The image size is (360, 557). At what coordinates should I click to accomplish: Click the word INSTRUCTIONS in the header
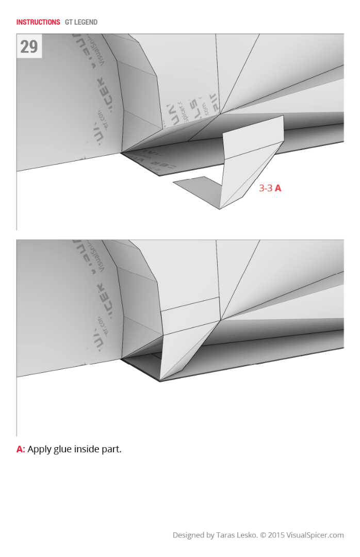38,22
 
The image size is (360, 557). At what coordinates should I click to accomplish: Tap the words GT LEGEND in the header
81,22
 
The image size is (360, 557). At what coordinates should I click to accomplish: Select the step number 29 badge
29,46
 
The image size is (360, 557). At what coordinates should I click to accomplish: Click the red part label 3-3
266,188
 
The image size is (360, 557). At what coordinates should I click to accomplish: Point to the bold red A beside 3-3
278,188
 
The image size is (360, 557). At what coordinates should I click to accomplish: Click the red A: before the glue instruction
21,449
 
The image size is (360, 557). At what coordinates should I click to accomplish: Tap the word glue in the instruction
62,449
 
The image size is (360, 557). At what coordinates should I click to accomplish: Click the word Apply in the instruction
39,449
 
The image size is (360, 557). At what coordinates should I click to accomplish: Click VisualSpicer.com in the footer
318,535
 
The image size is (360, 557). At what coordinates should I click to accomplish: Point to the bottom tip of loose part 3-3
219,209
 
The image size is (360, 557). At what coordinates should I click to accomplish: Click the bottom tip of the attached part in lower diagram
160,381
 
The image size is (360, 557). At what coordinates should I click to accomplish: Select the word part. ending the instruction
112,449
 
